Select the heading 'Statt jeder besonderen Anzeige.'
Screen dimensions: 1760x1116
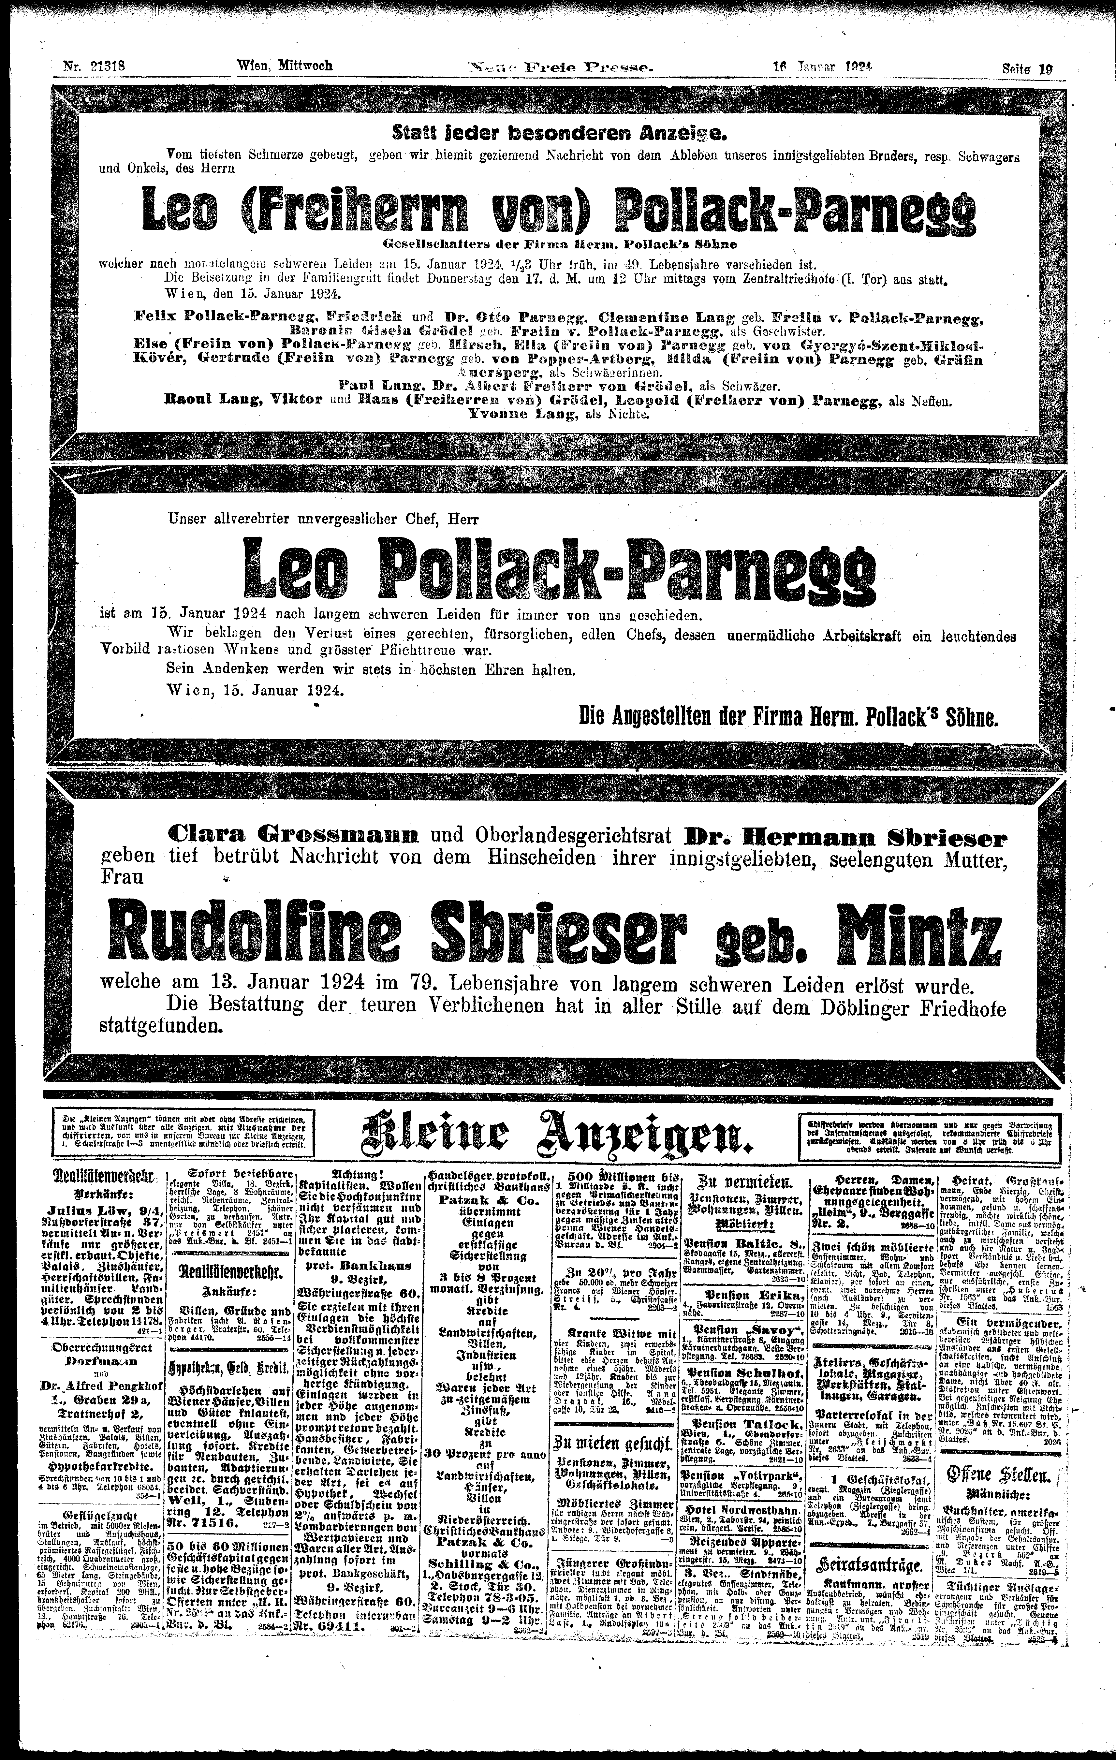point(558,134)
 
